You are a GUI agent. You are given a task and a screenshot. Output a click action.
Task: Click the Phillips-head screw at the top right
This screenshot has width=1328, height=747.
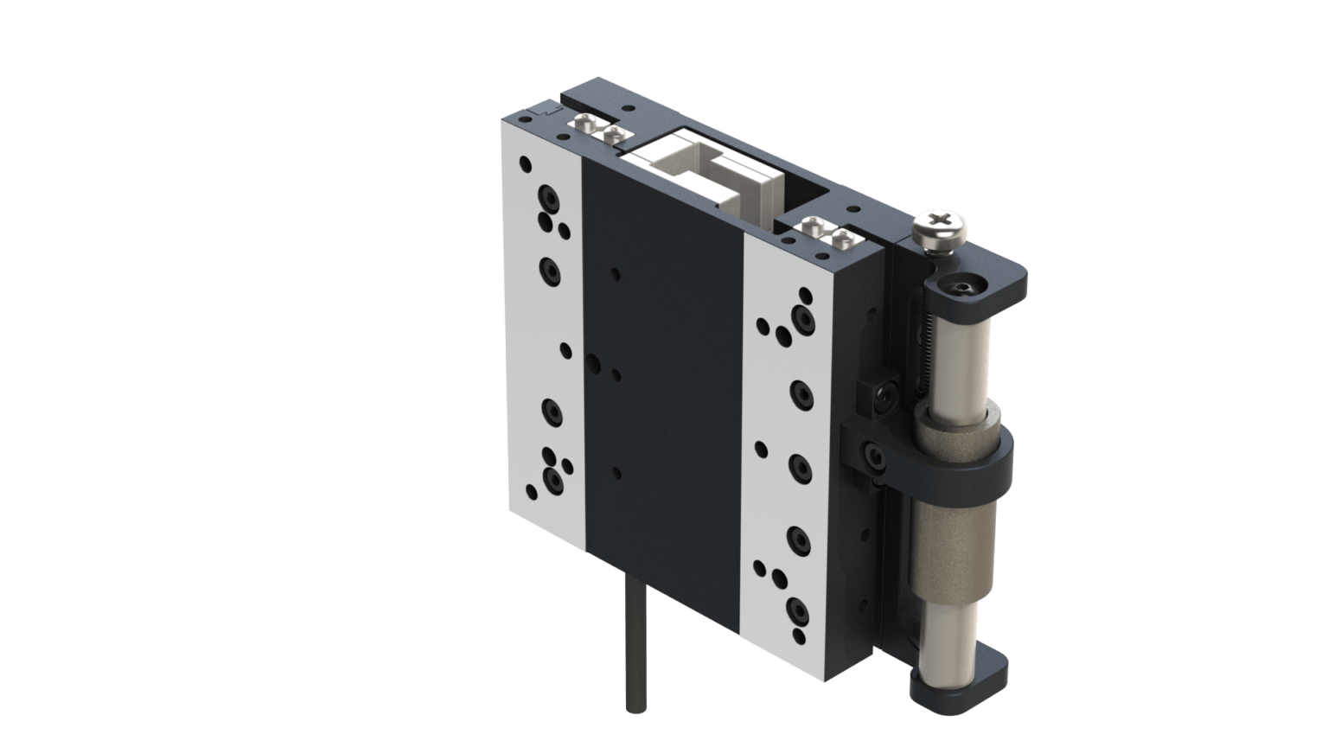(942, 230)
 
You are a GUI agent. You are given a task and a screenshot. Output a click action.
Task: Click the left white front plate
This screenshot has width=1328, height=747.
(540, 346)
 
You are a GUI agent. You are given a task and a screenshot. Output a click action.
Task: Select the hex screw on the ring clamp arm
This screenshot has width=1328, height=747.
(874, 455)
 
